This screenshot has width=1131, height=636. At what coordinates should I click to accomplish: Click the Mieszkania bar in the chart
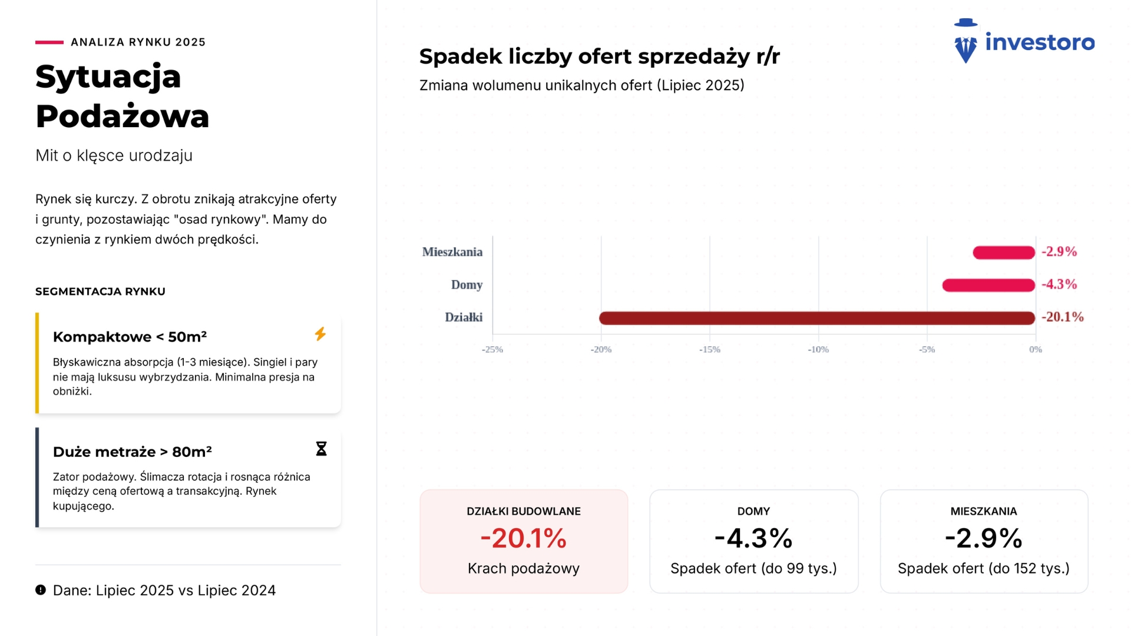click(1004, 253)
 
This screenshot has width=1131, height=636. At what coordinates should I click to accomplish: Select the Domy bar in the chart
click(988, 286)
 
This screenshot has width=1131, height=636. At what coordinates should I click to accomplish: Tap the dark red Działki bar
click(817, 318)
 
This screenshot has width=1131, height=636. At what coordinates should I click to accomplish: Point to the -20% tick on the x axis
click(601, 350)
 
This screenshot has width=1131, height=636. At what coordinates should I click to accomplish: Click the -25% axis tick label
click(492, 350)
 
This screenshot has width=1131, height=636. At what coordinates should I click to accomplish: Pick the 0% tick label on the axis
click(1036, 350)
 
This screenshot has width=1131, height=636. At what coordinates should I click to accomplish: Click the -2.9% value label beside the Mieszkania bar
click(1059, 252)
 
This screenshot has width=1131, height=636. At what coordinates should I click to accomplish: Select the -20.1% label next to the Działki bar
click(1063, 317)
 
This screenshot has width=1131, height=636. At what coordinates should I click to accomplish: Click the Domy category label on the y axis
click(467, 285)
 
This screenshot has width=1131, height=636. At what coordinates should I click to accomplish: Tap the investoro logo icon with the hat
click(965, 41)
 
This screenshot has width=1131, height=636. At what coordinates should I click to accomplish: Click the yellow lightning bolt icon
click(320, 334)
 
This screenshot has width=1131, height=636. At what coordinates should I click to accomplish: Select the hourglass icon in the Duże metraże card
click(321, 449)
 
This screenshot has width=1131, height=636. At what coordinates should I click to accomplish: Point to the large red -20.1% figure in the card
click(524, 538)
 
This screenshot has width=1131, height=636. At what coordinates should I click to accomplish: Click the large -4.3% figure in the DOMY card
click(753, 538)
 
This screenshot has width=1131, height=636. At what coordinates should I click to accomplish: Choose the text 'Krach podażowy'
click(524, 569)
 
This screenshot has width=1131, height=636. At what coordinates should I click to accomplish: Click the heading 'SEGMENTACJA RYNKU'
click(100, 291)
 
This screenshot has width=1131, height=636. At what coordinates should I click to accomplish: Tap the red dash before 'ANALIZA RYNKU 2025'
click(49, 42)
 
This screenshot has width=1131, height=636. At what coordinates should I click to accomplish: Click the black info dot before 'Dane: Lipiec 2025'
click(41, 590)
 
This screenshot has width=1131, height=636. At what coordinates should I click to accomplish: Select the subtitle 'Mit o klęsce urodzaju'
click(114, 155)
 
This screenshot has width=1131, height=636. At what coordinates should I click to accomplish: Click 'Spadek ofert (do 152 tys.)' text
click(984, 569)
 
